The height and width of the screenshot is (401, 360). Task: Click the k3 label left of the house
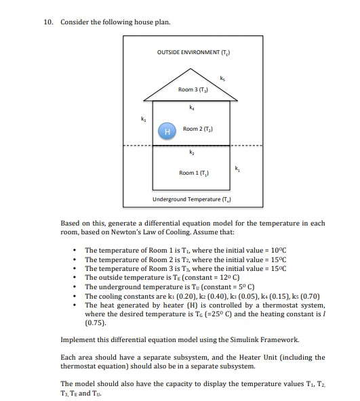(x=142, y=119)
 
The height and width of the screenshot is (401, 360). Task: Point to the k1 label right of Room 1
(x=237, y=167)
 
